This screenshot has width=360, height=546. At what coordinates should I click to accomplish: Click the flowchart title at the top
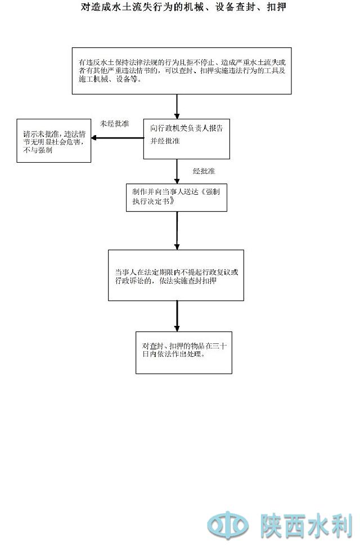point(180,8)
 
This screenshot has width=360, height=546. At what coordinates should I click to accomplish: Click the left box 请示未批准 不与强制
point(54,141)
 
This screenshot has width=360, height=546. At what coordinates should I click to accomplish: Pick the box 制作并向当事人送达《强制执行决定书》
point(176,196)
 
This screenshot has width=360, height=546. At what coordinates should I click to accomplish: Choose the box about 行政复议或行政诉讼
point(176,275)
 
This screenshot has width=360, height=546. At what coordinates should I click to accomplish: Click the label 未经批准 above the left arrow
point(115,123)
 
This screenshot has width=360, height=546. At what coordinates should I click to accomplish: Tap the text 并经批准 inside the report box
point(165,141)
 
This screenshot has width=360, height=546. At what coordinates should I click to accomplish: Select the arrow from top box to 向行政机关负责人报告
point(177,107)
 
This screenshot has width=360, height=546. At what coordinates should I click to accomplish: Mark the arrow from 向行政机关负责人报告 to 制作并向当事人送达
point(177,171)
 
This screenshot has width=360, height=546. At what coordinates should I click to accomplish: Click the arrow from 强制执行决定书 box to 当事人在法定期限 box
point(177,231)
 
